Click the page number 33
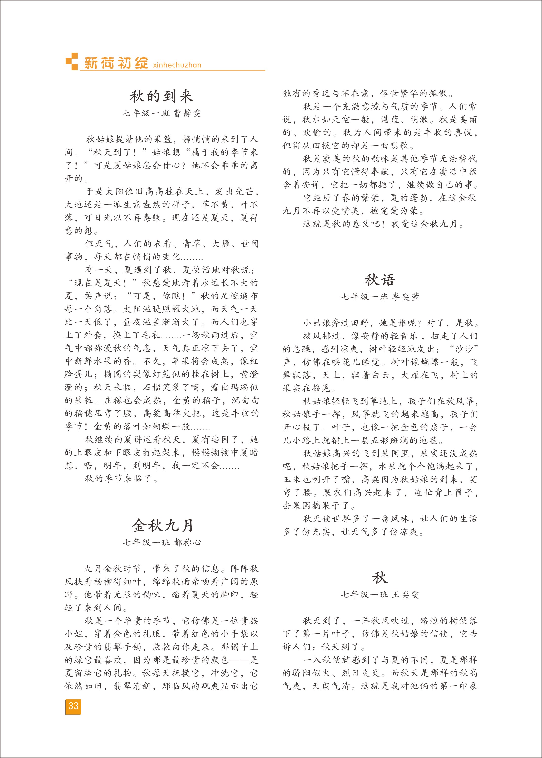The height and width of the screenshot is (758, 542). [73, 705]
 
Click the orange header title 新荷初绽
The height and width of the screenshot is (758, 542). [116, 63]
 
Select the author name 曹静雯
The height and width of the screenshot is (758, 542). [188, 113]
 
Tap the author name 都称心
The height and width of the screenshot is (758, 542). [188, 542]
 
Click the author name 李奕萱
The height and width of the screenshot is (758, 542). [405, 297]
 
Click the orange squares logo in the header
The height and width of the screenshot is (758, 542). [71, 61]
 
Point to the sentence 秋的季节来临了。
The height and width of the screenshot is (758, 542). [122, 479]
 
